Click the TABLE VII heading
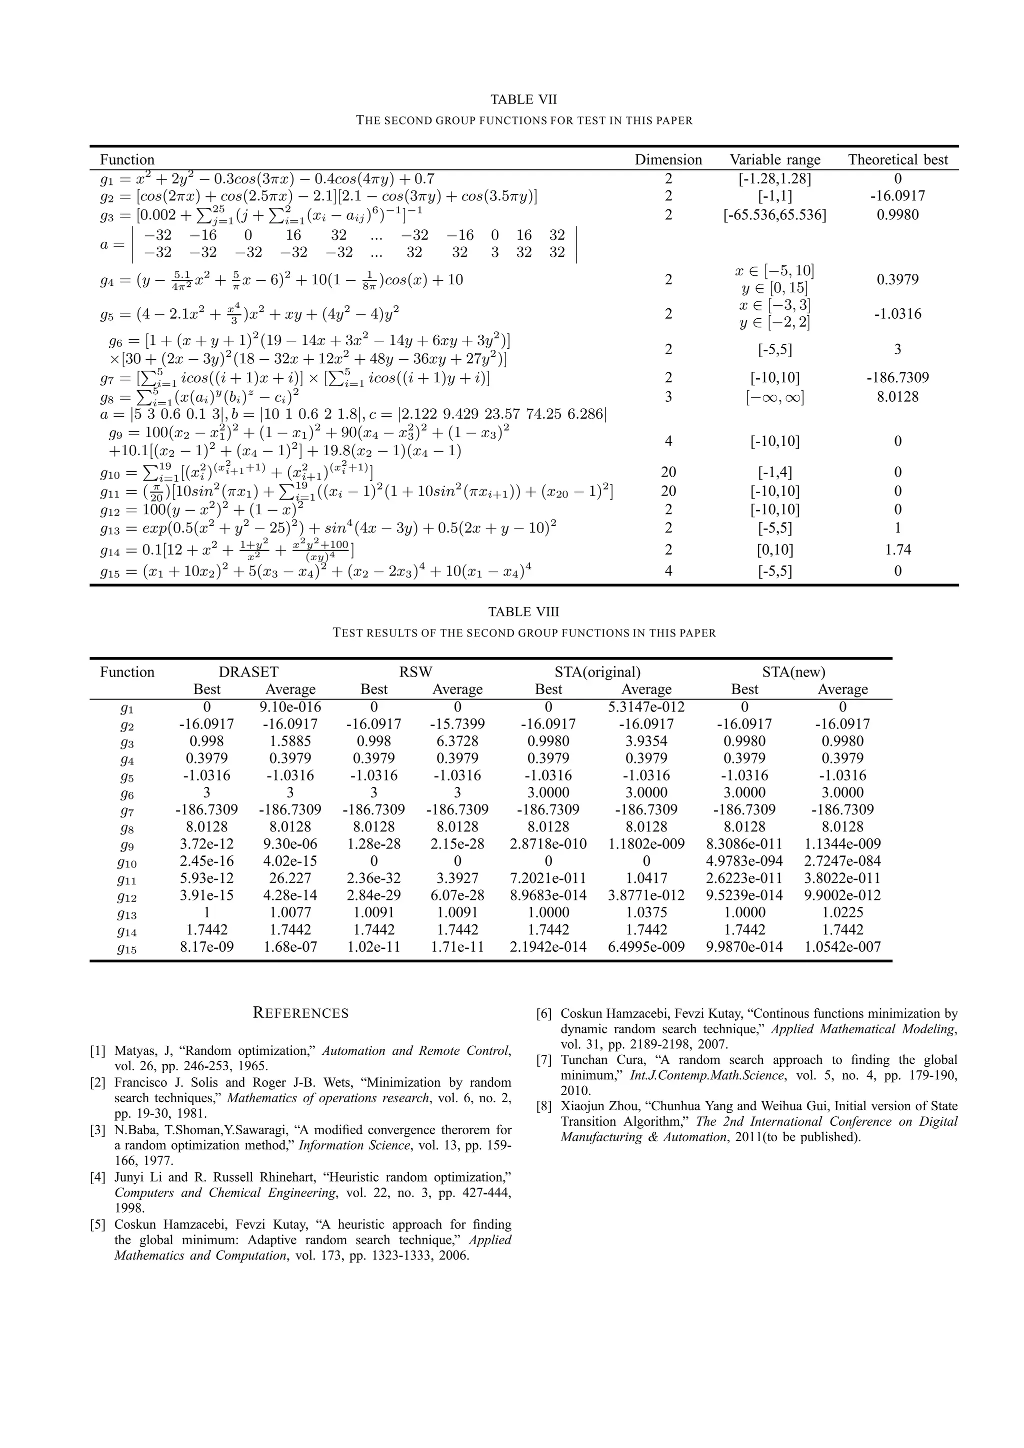click(x=523, y=99)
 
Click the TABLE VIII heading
click(x=523, y=612)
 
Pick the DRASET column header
click(x=248, y=673)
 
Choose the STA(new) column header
click(x=793, y=673)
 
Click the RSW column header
click(x=416, y=673)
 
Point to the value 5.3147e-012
click(x=646, y=707)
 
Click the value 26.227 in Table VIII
click(x=290, y=878)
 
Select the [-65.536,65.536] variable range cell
click(x=775, y=215)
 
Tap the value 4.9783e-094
click(x=744, y=861)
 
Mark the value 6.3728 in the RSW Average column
click(x=457, y=741)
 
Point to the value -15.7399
click(x=457, y=724)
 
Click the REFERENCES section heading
click(x=300, y=1013)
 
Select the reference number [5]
click(x=98, y=1225)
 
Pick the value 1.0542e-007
click(x=842, y=947)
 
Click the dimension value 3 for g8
click(x=668, y=397)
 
